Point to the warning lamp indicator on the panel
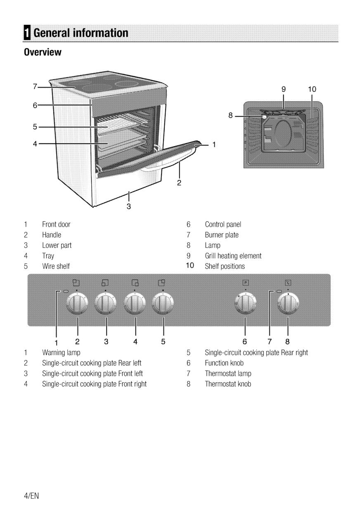(66, 292)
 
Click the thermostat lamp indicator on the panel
(279, 292)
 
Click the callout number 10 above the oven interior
(312, 88)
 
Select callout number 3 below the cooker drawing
(129, 206)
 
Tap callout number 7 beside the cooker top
(35, 87)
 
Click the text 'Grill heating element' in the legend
(233, 256)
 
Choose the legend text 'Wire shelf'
(56, 266)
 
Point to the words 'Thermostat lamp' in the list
(228, 374)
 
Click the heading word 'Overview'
(43, 53)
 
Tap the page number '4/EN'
(31, 495)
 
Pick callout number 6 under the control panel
(245, 341)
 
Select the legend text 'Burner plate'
(222, 235)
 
